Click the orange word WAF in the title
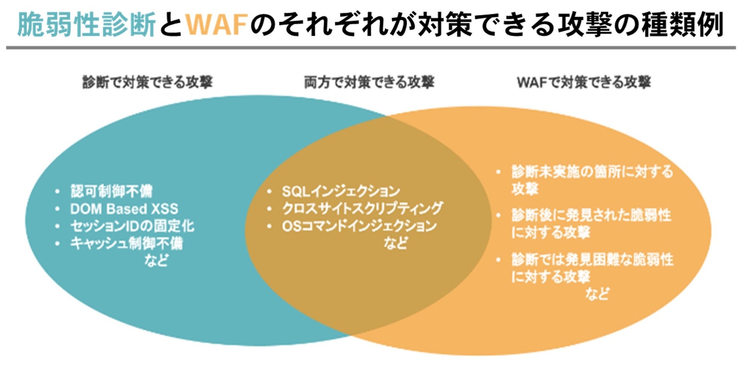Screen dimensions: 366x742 (x=217, y=24)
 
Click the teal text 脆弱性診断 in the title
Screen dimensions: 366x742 (x=86, y=24)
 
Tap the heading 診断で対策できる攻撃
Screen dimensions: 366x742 (x=148, y=82)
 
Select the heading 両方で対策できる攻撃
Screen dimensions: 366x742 (x=369, y=82)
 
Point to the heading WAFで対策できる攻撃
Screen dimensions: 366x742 (x=584, y=82)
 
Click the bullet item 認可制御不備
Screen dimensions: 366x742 (x=111, y=191)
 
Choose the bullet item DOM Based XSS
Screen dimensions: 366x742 (x=124, y=209)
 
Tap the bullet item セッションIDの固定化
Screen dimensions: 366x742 (x=132, y=226)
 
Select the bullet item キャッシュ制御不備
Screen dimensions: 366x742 (x=126, y=243)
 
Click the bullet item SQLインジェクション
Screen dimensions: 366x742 (x=341, y=191)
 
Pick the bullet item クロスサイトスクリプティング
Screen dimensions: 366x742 (x=362, y=208)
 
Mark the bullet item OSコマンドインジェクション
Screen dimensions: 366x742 (x=359, y=226)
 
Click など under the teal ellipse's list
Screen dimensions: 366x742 (x=156, y=261)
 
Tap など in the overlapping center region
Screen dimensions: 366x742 (x=396, y=243)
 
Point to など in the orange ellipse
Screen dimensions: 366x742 (x=597, y=294)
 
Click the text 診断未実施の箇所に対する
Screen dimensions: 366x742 (x=592, y=172)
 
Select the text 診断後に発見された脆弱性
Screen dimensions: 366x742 (x=591, y=215)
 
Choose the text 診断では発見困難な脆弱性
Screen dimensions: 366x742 (x=592, y=260)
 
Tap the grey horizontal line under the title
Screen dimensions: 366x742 (x=371, y=48)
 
